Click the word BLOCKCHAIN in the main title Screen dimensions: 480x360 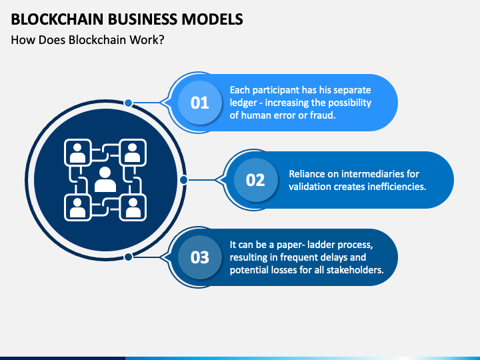[57, 19]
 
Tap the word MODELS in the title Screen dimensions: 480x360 [212, 19]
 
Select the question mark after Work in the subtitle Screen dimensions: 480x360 [161, 40]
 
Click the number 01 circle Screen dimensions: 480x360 [199, 103]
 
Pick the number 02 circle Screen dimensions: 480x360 [255, 180]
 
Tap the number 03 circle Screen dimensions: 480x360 [199, 257]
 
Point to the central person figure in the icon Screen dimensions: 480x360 [105, 179]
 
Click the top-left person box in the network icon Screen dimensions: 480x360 [78, 153]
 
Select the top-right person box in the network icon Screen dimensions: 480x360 [133, 153]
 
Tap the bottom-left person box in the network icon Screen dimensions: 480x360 [78, 207]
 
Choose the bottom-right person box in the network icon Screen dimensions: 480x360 [133, 207]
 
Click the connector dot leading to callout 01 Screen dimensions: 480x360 [128, 103]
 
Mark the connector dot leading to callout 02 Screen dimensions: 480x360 [184, 180]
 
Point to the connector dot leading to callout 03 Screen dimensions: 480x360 [128, 257]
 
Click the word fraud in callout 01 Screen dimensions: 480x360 [323, 115]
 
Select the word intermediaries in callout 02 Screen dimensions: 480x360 [371, 174]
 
